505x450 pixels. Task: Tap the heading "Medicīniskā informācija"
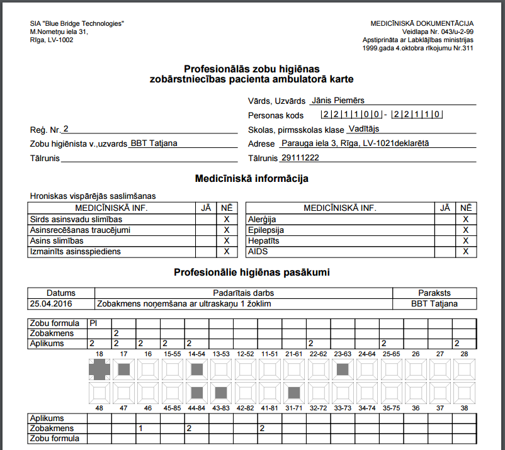[251, 179]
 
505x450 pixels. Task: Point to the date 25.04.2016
[51, 303]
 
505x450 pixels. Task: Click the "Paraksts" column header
[434, 293]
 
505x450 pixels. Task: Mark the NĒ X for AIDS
[466, 251]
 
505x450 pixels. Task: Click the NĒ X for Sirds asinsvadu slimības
[226, 219]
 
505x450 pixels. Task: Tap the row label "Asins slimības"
[57, 240]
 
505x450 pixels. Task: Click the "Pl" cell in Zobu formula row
[93, 323]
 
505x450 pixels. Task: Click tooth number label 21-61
[294, 354]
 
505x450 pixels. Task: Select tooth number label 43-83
[221, 408]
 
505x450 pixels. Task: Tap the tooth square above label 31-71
[294, 393]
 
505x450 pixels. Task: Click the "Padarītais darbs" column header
[243, 293]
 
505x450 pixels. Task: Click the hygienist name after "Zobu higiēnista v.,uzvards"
[154, 143]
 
